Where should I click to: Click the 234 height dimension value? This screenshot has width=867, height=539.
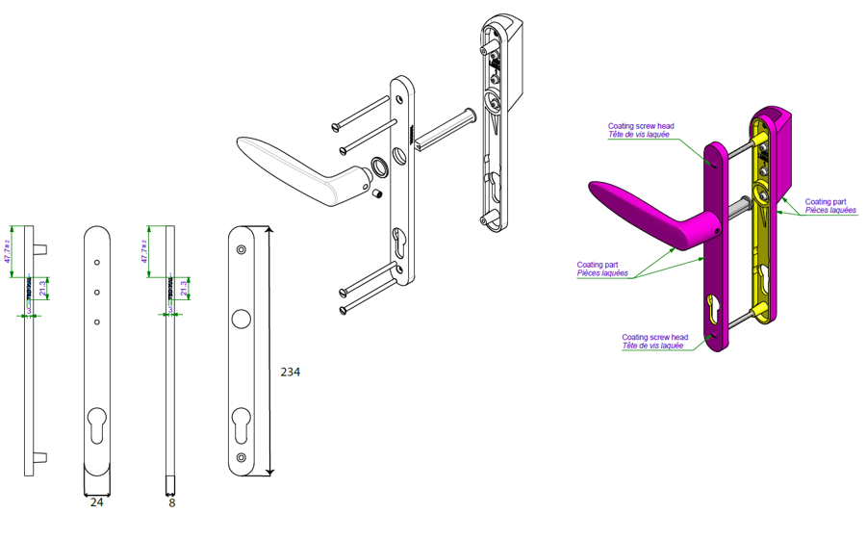coord(291,372)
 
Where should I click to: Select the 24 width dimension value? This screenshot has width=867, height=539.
coord(96,501)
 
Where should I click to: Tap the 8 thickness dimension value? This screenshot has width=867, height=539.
coord(171,501)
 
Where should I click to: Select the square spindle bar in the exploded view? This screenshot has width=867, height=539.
coord(443,133)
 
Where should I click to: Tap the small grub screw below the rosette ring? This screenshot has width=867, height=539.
coord(378,195)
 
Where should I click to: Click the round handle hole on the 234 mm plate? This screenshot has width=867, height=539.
coord(241,320)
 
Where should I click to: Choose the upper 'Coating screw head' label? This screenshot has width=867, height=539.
coord(640,126)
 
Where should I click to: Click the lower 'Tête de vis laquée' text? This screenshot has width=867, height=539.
coord(654,346)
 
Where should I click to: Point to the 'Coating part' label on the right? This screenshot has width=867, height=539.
coord(825,202)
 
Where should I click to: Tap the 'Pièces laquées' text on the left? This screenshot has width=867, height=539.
coord(603,273)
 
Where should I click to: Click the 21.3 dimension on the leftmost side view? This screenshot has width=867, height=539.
coord(42,286)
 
